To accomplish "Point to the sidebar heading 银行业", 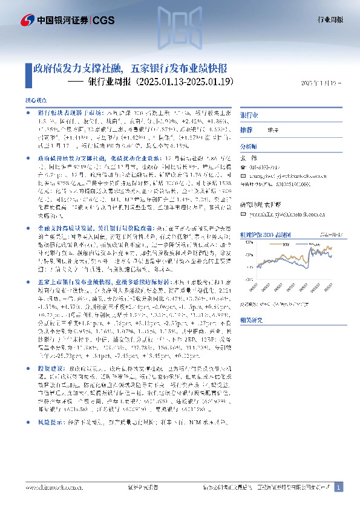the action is click(x=249, y=115).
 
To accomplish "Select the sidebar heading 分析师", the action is click(x=249, y=146).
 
